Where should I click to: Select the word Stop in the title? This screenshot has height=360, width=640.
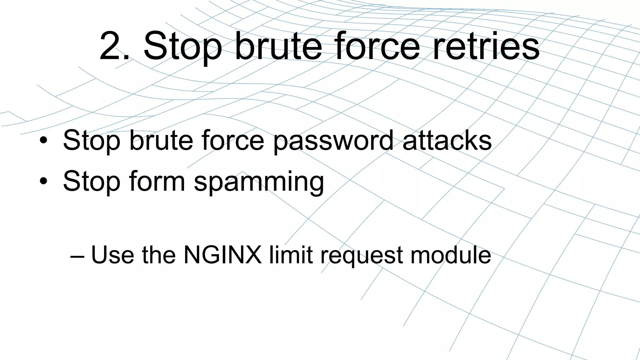[x=182, y=47]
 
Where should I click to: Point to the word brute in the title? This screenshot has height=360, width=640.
[x=278, y=46]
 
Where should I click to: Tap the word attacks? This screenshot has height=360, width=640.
[x=447, y=140]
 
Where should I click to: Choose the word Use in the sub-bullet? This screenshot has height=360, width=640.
[x=112, y=255]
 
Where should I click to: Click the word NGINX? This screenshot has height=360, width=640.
[x=222, y=255]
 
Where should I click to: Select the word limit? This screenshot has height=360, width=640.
[x=291, y=255]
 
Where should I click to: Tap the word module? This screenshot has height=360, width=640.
[x=451, y=255]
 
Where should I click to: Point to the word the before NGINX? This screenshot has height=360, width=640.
[x=159, y=255]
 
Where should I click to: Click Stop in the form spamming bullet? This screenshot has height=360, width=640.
[x=91, y=181]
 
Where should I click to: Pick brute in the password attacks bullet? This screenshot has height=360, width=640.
[x=161, y=140]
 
